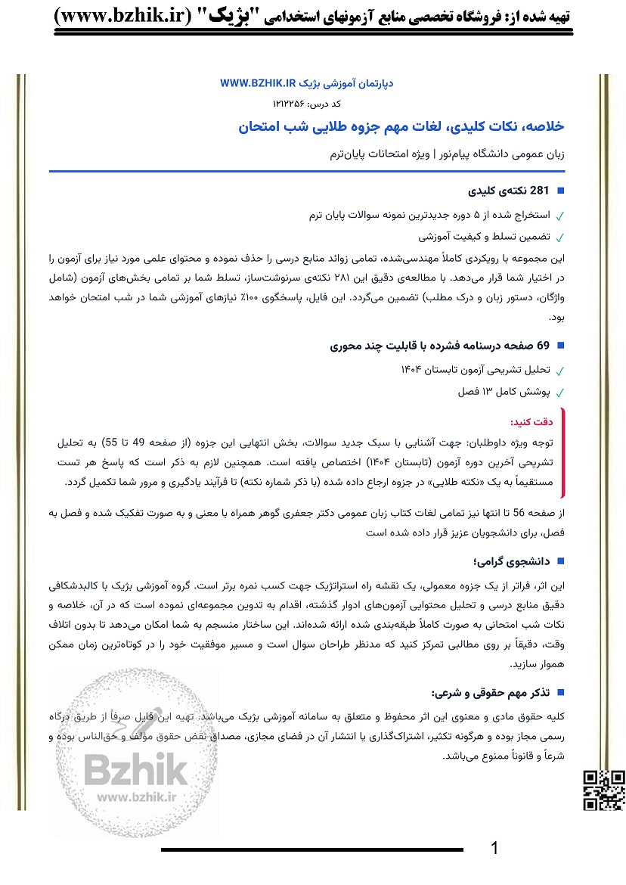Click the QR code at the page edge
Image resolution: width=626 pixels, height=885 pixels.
[x=604, y=790]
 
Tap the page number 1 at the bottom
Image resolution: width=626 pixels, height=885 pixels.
[x=495, y=848]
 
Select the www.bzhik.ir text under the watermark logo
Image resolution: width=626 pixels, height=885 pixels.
[x=136, y=795]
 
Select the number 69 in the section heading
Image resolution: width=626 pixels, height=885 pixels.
[x=542, y=346]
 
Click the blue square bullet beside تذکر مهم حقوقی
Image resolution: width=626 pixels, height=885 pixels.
[x=560, y=692]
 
